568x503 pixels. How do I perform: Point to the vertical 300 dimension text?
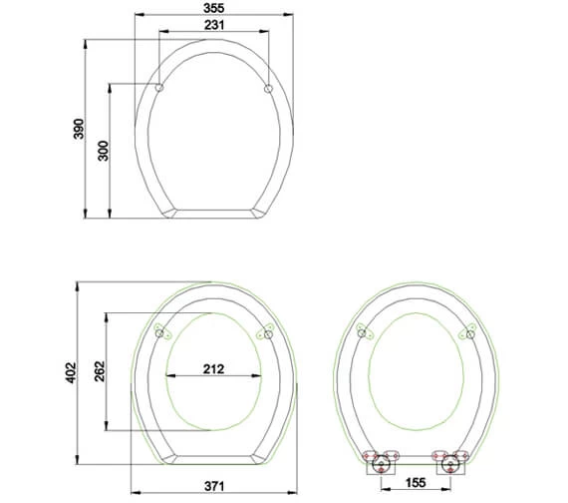[x=103, y=150]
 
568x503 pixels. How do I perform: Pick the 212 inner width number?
[x=212, y=368]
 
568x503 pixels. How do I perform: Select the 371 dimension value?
[x=215, y=484]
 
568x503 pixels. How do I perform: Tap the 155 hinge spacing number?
[x=417, y=484]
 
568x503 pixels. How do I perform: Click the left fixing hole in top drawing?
[x=159, y=90]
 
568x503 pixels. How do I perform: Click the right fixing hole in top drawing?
[x=268, y=90]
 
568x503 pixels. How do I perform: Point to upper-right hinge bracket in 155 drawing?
[x=467, y=333]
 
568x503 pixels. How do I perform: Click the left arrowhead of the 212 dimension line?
[x=167, y=376]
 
